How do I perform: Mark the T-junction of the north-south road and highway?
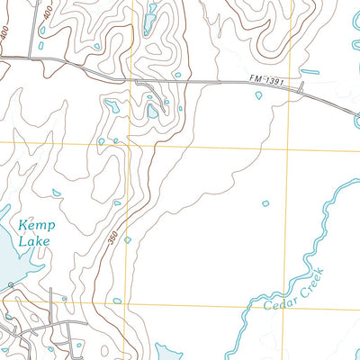click(39, 58)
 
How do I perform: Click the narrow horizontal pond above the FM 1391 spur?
click(310, 71)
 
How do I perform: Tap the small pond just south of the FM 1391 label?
click(258, 94)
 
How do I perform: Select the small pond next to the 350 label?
click(127, 239)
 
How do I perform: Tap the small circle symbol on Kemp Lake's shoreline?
click(10, 284)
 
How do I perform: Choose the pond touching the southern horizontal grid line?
click(117, 301)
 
